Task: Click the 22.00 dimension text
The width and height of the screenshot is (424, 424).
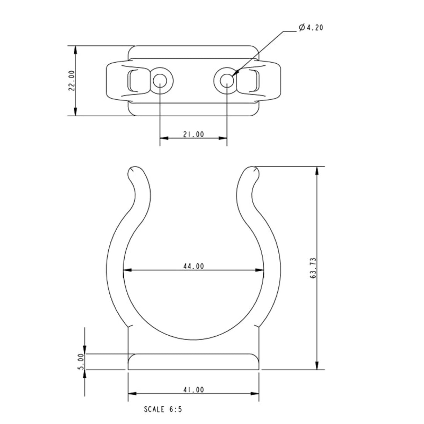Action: tap(72, 81)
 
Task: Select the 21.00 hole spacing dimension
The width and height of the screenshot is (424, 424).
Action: tap(193, 134)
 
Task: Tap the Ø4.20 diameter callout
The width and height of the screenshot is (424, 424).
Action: tap(311, 27)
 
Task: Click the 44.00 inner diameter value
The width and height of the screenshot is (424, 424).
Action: tap(193, 266)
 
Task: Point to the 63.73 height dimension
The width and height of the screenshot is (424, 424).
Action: tap(313, 268)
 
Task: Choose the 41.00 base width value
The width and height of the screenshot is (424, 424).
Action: tap(193, 390)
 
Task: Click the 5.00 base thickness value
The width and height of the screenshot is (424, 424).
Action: tap(81, 361)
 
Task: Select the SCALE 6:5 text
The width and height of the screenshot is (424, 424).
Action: tap(163, 409)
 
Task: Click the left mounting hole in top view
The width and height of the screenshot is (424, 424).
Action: tap(160, 81)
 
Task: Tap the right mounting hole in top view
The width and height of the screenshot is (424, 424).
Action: tap(227, 81)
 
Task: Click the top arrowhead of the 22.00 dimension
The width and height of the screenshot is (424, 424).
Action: tap(76, 49)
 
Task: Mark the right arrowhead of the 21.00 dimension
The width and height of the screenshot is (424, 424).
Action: tap(223, 138)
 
